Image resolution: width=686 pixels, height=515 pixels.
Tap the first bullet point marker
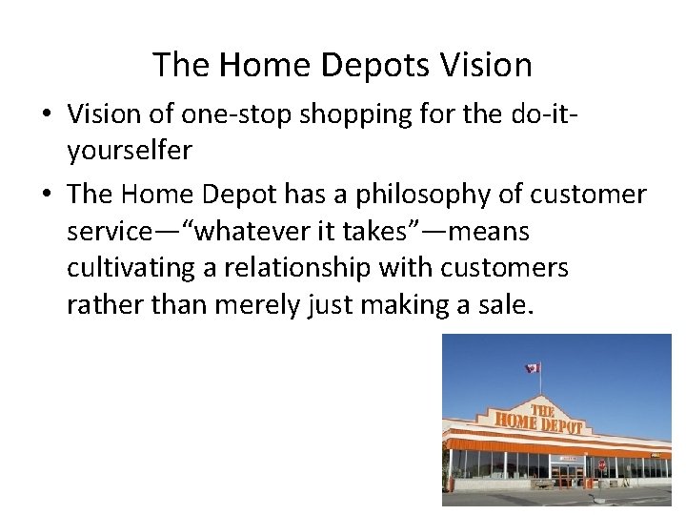click(46, 114)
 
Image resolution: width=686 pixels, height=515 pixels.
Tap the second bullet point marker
click(46, 195)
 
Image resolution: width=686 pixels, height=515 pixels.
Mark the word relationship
click(299, 269)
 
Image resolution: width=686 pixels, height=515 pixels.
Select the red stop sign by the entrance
click(601, 464)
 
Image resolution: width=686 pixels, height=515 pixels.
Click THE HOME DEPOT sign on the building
click(538, 419)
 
